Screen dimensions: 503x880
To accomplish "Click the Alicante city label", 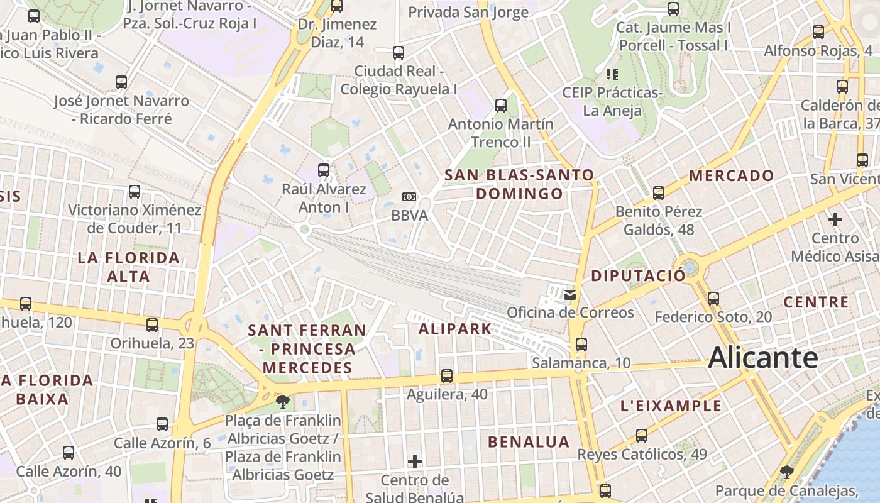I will (x=762, y=358).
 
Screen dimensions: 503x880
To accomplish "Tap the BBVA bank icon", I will (x=409, y=197).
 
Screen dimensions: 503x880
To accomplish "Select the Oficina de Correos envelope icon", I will (x=570, y=294).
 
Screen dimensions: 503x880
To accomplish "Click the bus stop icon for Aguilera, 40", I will (x=446, y=376).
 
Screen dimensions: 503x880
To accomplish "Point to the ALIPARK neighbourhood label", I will (x=454, y=329).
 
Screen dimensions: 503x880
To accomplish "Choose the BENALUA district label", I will (x=529, y=442).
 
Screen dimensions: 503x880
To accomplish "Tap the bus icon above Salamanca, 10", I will (x=581, y=345).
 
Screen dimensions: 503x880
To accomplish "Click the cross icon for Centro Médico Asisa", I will (x=835, y=219).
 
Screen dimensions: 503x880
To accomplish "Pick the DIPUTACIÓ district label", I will (x=639, y=275).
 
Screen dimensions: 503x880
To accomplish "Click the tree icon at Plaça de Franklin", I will (x=283, y=401).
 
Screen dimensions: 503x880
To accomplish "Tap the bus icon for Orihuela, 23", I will (x=152, y=325).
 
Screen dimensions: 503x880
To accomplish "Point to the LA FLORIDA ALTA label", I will (x=128, y=267).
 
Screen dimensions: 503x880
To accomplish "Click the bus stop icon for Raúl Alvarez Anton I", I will (x=324, y=170).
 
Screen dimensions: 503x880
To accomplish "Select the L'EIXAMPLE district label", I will (x=671, y=406).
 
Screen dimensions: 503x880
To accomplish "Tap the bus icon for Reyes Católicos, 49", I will (x=642, y=435).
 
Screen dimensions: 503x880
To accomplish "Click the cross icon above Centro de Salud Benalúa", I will (x=415, y=462).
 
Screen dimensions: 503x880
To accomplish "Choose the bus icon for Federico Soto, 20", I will (x=713, y=298).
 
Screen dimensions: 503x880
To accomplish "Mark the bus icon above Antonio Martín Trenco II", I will (x=501, y=105).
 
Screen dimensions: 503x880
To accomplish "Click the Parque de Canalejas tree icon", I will (x=786, y=472).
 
